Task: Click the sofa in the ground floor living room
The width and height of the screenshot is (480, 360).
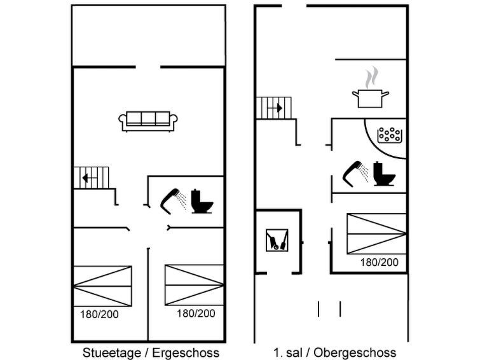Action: (x=149, y=120)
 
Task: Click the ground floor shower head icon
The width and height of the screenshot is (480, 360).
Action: (x=172, y=200)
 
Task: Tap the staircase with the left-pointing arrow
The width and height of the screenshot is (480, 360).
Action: (x=92, y=177)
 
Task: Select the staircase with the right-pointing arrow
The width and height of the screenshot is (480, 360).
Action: (x=273, y=108)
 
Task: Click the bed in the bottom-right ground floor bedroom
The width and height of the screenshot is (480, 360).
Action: (x=194, y=284)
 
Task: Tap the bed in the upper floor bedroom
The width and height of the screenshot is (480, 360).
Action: (x=376, y=233)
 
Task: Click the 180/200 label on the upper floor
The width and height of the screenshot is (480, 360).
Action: (x=380, y=262)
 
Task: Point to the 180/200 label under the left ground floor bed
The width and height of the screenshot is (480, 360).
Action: (x=99, y=314)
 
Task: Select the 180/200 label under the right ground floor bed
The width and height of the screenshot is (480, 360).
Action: (x=196, y=313)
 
